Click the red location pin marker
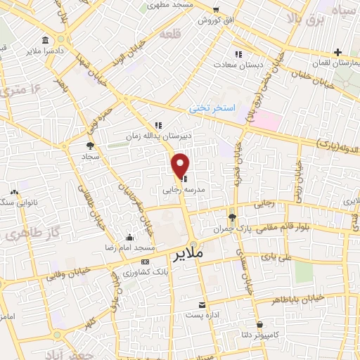pyautogui.click(x=181, y=165)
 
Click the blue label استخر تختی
pyautogui.click(x=209, y=109)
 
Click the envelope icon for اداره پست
pyautogui.click(x=202, y=304)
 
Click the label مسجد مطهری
pyautogui.click(x=169, y=6)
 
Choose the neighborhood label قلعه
pyautogui.click(x=169, y=34)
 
